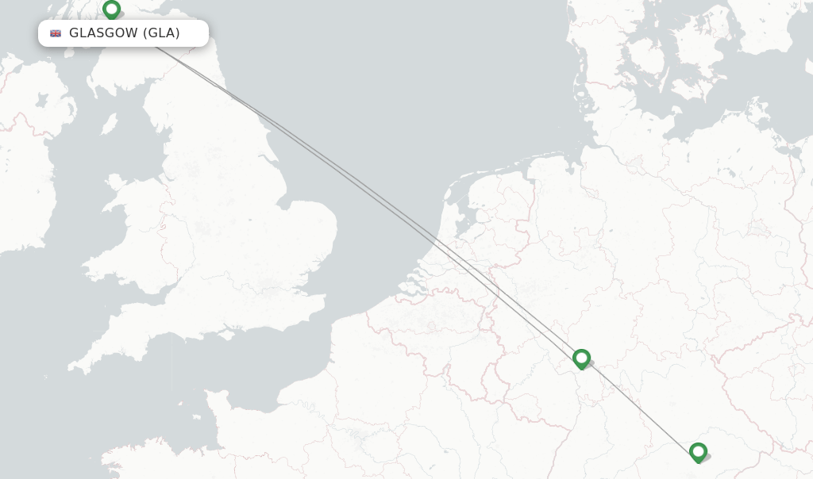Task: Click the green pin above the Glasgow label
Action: (111, 10)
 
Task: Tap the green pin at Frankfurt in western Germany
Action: (581, 358)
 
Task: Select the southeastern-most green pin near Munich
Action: (698, 452)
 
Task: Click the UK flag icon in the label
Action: (56, 33)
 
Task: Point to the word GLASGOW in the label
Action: (103, 33)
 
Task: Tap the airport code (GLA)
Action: (162, 33)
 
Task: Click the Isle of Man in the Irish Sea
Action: (110, 125)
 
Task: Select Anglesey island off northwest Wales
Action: (116, 184)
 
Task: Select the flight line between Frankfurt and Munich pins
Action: (639, 405)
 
